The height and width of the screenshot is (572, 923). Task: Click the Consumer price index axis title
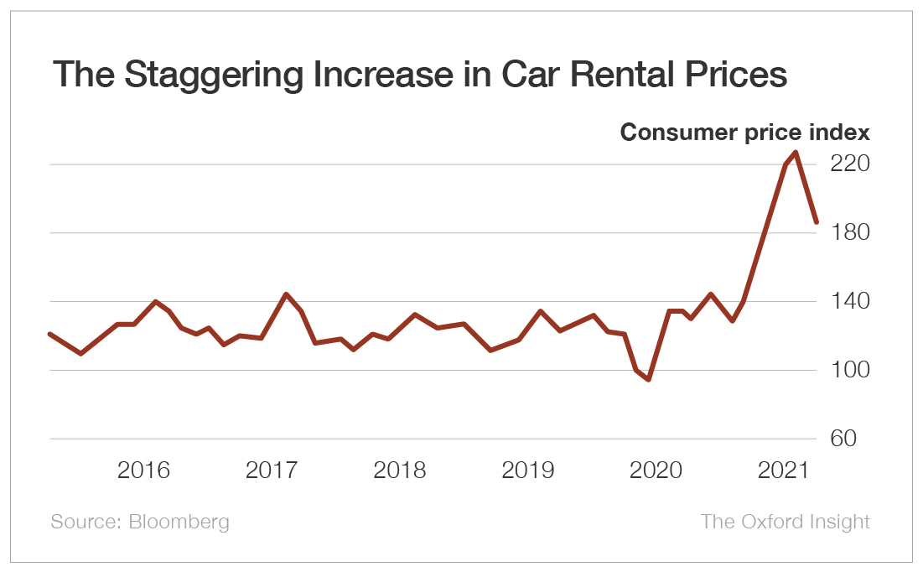coord(744,133)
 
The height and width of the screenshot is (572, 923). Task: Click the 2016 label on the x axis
coord(144,470)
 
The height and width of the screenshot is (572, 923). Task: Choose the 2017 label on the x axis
coord(272,470)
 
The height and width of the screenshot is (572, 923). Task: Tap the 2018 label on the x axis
coord(400,470)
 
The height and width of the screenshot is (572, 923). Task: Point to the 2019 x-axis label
coord(528,470)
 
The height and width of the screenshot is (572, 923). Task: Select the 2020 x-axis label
coord(656,470)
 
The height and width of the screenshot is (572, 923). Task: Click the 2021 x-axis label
coord(784,470)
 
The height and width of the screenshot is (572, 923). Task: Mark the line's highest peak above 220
coord(796,153)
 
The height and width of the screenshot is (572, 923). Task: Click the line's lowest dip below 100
coord(649,379)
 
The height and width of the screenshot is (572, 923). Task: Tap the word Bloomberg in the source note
coord(179,522)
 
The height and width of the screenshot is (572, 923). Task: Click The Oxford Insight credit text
coord(785,522)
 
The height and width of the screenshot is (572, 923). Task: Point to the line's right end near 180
coord(816,222)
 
